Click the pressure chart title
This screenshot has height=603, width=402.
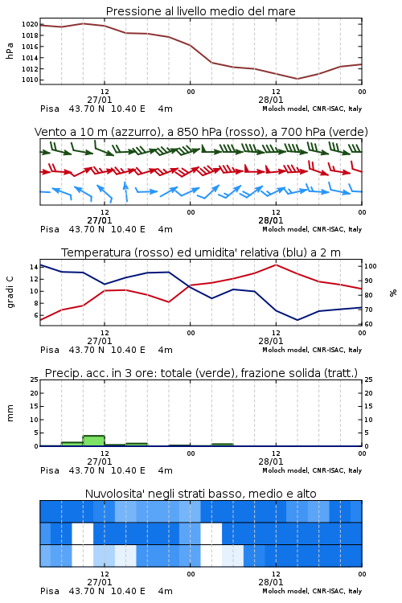(200, 11)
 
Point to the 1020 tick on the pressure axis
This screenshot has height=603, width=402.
(30, 24)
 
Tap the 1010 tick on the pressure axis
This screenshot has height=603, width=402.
(30, 80)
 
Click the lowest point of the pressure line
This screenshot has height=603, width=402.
(297, 79)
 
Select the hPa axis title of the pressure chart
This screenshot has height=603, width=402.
(10, 51)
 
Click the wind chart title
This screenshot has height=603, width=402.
(201, 132)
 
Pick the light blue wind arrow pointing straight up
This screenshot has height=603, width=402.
(125, 191)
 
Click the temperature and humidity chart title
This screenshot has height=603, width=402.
(201, 252)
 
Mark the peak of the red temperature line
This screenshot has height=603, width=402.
(276, 265)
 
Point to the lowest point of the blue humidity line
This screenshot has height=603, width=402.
(297, 320)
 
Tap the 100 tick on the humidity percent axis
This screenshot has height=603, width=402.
(371, 266)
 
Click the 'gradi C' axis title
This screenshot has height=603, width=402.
(10, 293)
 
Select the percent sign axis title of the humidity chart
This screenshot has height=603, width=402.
(393, 293)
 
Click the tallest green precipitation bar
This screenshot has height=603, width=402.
(93, 441)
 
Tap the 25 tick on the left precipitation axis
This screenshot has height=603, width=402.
(35, 379)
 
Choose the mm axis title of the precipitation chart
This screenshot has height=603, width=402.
(10, 413)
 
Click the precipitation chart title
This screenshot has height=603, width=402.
(201, 373)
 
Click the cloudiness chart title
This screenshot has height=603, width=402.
(200, 494)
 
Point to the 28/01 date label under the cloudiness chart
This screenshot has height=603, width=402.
(270, 582)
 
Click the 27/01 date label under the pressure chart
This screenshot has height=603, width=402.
(99, 100)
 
